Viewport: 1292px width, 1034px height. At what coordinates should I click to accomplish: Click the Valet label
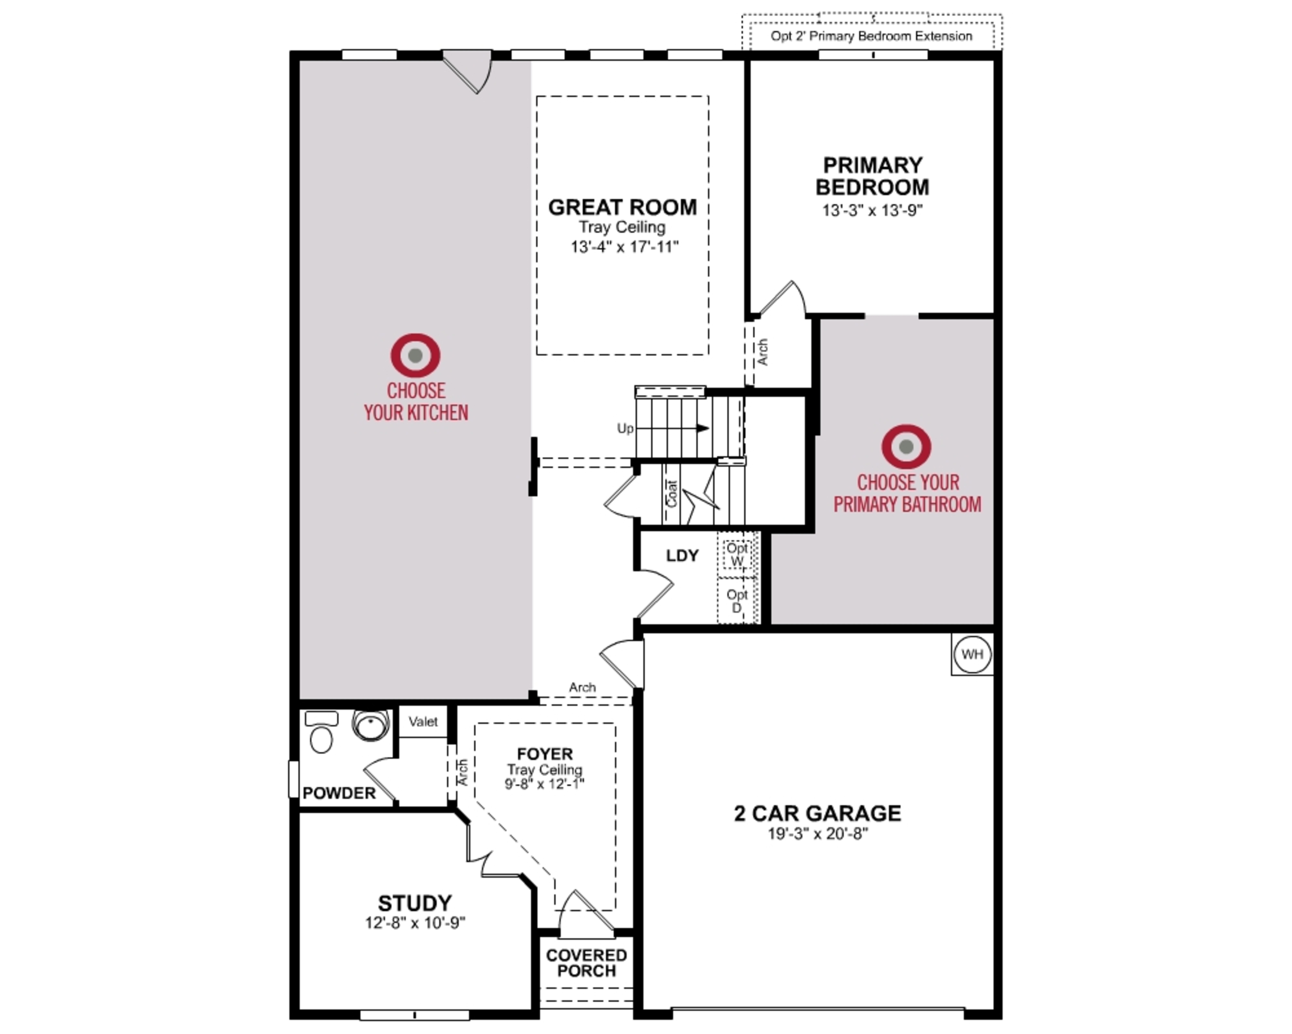(x=423, y=722)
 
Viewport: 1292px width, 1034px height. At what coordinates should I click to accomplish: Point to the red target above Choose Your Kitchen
(x=415, y=355)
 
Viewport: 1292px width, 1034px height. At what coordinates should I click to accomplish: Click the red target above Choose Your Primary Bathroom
(x=906, y=447)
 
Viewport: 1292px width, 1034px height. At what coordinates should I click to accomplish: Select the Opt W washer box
(x=737, y=554)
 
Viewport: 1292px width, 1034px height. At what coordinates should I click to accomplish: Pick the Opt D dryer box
(x=737, y=600)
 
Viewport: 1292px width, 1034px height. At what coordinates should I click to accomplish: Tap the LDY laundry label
(x=682, y=556)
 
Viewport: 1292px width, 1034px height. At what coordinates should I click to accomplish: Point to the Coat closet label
(x=672, y=494)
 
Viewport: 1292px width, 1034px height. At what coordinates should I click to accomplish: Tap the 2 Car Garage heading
(x=817, y=814)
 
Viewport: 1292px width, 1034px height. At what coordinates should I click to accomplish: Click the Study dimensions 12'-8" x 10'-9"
(x=415, y=923)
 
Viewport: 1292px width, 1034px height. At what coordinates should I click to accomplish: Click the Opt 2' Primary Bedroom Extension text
(x=871, y=36)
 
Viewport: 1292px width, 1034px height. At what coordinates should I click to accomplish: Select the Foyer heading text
(x=545, y=754)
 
